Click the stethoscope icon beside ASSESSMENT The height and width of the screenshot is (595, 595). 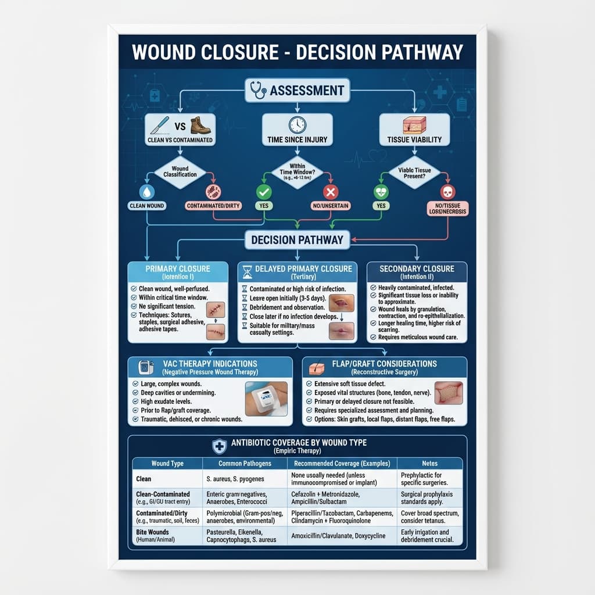[258, 90]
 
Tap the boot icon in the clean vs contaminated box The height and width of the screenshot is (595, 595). [200, 126]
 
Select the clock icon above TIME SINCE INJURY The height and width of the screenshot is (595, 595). [297, 124]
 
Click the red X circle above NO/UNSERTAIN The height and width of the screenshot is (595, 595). [330, 192]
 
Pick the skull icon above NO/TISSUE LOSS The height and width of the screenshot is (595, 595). [447, 192]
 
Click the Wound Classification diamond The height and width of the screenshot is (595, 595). [180, 171]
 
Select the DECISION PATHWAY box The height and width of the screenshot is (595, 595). [297, 239]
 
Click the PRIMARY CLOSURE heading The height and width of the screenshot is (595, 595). [178, 268]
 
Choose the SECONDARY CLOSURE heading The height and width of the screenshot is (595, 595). [417, 268]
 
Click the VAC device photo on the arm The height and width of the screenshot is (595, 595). [266, 398]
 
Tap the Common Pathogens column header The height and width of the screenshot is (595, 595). [245, 463]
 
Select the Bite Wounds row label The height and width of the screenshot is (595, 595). [152, 532]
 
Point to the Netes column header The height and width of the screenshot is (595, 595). [430, 463]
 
